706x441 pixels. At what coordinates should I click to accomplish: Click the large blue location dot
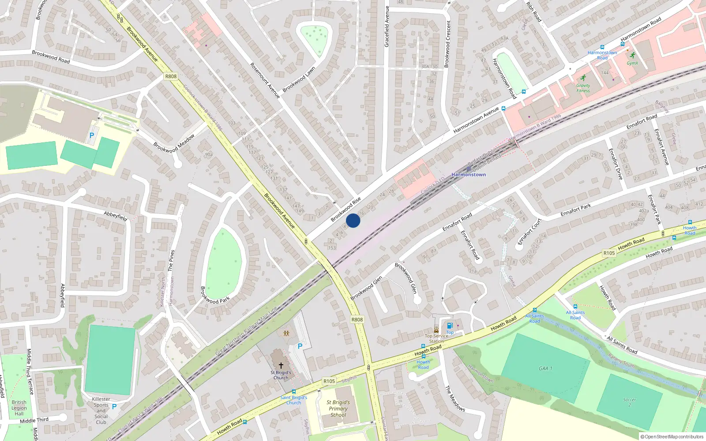click(x=353, y=220)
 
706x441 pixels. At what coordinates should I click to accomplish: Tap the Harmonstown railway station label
click(x=469, y=175)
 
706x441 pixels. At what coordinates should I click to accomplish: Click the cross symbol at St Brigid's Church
click(x=281, y=366)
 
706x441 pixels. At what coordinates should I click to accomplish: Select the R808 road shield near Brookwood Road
click(x=171, y=76)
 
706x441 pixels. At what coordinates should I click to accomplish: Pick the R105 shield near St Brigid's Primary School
click(x=329, y=381)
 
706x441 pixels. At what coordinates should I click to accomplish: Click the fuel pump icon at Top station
click(x=450, y=326)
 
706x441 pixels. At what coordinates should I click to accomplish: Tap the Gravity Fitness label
click(x=583, y=88)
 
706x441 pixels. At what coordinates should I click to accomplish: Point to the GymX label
click(x=632, y=63)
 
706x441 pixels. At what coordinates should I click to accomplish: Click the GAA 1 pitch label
click(x=545, y=369)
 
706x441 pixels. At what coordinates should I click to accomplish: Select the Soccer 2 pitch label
click(x=630, y=402)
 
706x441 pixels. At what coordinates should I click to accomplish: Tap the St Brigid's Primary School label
click(x=338, y=408)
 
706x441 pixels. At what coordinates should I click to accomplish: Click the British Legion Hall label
click(x=19, y=408)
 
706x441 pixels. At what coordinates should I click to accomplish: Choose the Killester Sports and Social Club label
click(x=101, y=411)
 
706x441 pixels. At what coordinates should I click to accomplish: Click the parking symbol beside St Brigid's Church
click(x=300, y=346)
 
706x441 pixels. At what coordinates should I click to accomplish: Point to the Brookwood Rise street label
click(x=346, y=209)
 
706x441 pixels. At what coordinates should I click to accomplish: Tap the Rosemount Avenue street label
click(x=265, y=80)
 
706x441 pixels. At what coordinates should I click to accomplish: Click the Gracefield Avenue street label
click(x=387, y=26)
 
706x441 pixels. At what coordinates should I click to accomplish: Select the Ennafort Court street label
click(x=529, y=232)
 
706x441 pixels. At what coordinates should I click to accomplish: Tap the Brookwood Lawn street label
click(x=299, y=79)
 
